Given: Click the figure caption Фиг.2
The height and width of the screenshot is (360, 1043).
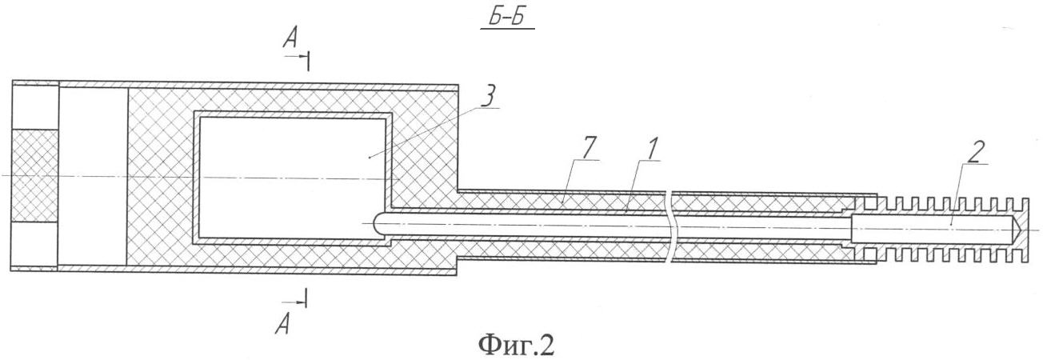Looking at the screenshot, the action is [517, 345].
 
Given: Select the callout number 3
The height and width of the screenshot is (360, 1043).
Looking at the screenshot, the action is [489, 96].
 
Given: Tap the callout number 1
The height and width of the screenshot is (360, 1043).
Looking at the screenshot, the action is [653, 149].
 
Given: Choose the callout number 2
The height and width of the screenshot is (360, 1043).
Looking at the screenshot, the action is [977, 152].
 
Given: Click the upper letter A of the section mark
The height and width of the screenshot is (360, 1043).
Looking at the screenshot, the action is [290, 39].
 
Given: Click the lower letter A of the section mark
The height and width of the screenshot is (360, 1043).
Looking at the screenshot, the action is [282, 324].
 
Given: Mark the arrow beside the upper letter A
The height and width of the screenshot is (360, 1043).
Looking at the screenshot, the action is [296, 57].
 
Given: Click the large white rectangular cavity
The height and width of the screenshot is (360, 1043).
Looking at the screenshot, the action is [293, 178].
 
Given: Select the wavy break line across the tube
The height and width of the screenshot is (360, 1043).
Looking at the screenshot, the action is [670, 228].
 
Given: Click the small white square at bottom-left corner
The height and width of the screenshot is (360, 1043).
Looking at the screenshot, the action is [34, 243].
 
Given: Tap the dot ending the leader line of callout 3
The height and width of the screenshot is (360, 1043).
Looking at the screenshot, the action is [370, 158].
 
